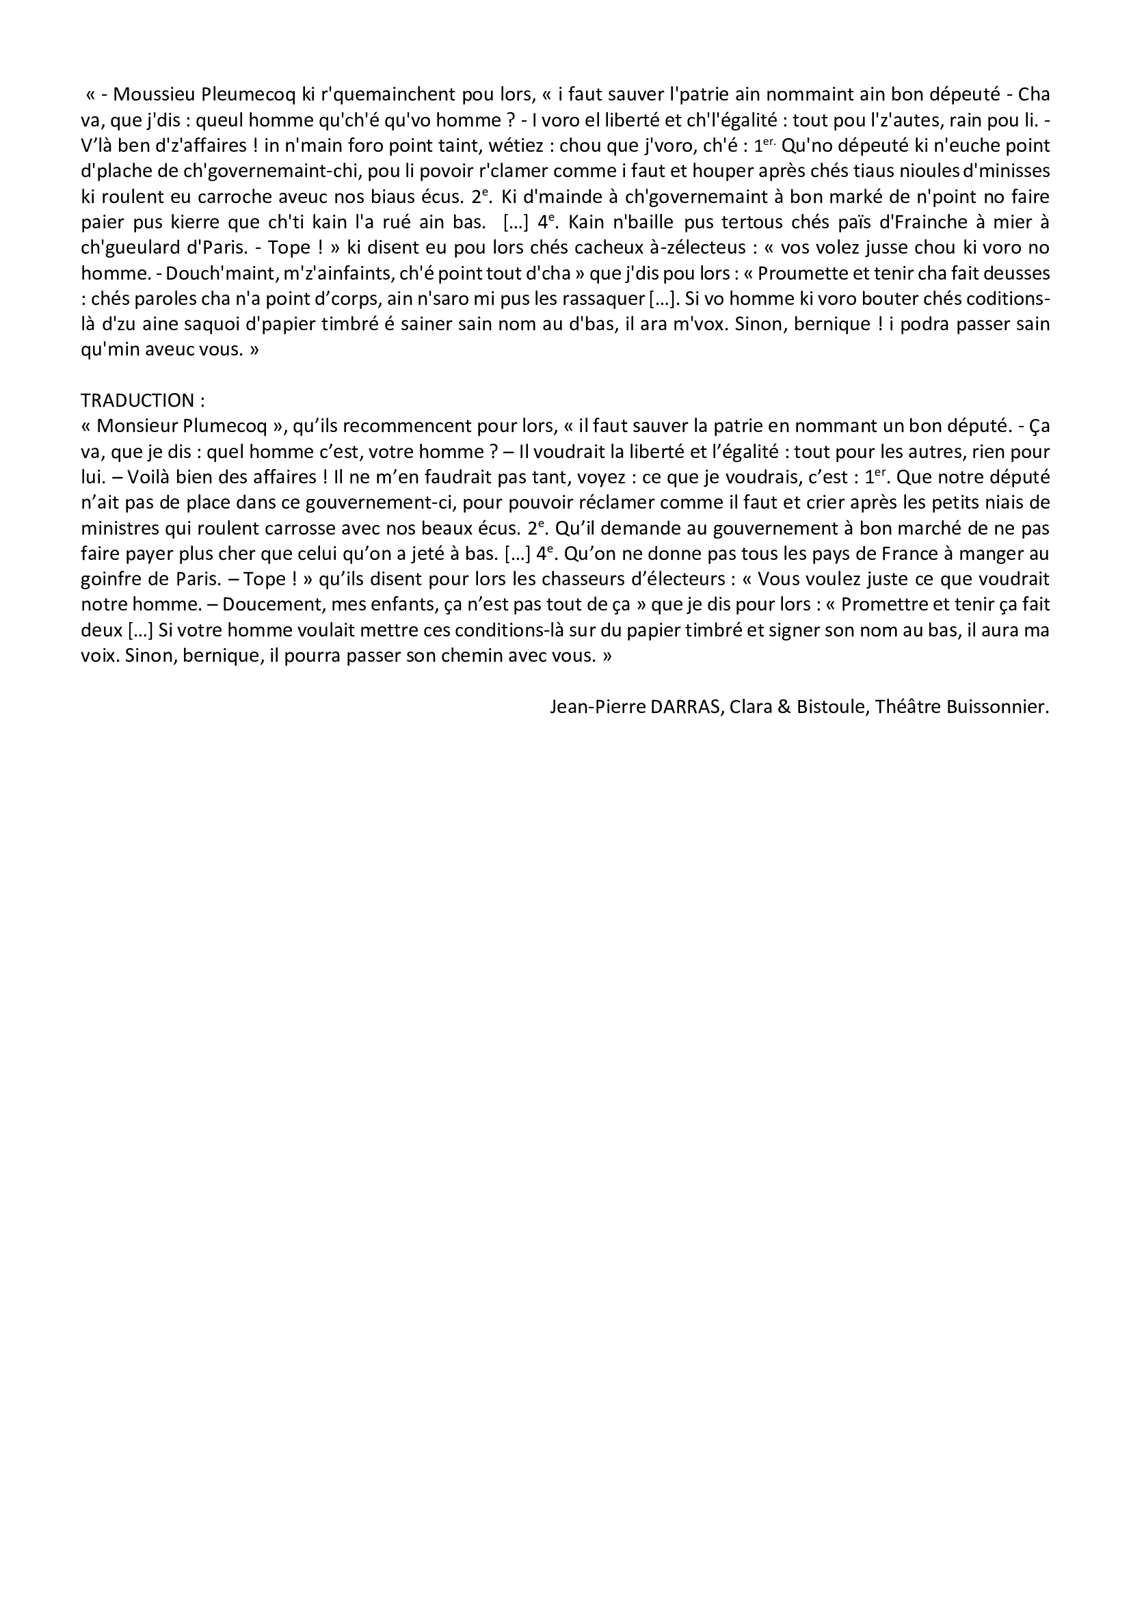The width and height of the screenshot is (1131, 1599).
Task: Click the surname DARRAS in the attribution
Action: pos(686,708)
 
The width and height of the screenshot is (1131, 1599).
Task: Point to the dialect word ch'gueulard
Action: pos(137,248)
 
